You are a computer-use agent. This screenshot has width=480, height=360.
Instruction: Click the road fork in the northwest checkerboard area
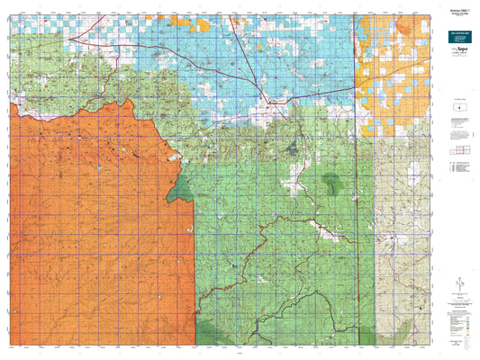click(80, 36)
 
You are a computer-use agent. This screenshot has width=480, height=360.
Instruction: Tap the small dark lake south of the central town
click(290, 146)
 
